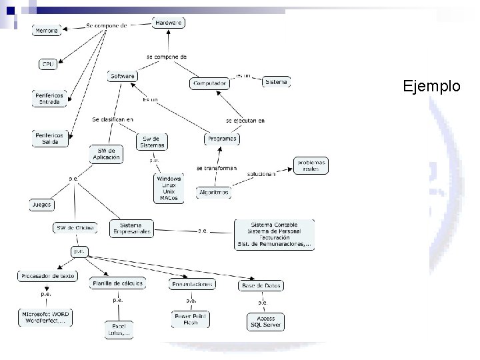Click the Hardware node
pyautogui.click(x=169, y=23)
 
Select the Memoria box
pyautogui.click(x=46, y=31)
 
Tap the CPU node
pyautogui.click(x=48, y=64)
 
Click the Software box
pyautogui.click(x=123, y=76)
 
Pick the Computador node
pyautogui.click(x=209, y=83)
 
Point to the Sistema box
pyautogui.click(x=276, y=82)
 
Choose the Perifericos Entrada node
pyautogui.click(x=49, y=99)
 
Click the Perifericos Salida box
pyautogui.click(x=50, y=138)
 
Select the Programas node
pyautogui.click(x=221, y=139)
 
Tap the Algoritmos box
pyautogui.click(x=214, y=192)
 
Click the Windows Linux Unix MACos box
pyautogui.click(x=169, y=188)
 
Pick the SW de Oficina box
pyautogui.click(x=75, y=228)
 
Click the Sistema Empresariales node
pyautogui.click(x=131, y=228)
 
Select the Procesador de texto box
pyautogui.click(x=48, y=275)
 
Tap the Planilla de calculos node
pyautogui.click(x=117, y=283)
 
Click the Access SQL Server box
pyautogui.click(x=265, y=322)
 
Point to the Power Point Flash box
pyautogui.click(x=191, y=319)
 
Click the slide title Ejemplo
pyautogui.click(x=431, y=86)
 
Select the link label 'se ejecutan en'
pyautogui.click(x=245, y=121)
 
